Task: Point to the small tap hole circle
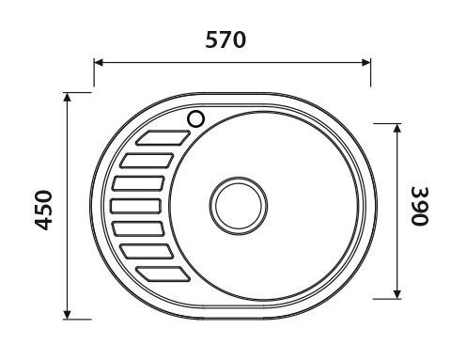coord(197,118)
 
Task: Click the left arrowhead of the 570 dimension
coord(98,64)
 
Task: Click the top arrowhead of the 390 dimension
coord(397,126)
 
